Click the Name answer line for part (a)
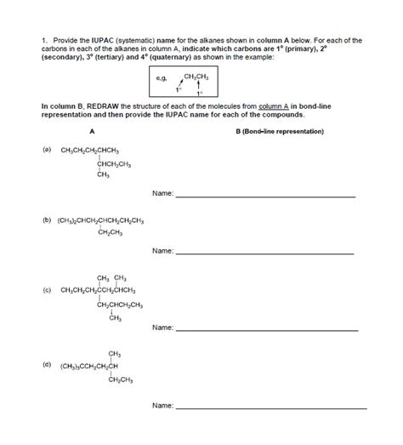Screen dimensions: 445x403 point(264,196)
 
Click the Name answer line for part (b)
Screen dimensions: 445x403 point(264,253)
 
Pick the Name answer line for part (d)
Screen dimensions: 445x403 point(264,408)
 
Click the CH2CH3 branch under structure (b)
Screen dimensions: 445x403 point(112,232)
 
